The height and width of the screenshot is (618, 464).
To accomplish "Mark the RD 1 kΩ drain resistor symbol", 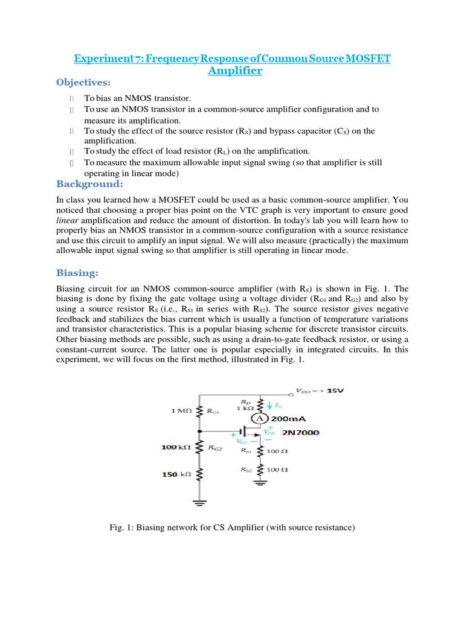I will coord(260,405).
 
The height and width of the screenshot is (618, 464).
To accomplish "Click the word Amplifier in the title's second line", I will coord(235,71).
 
